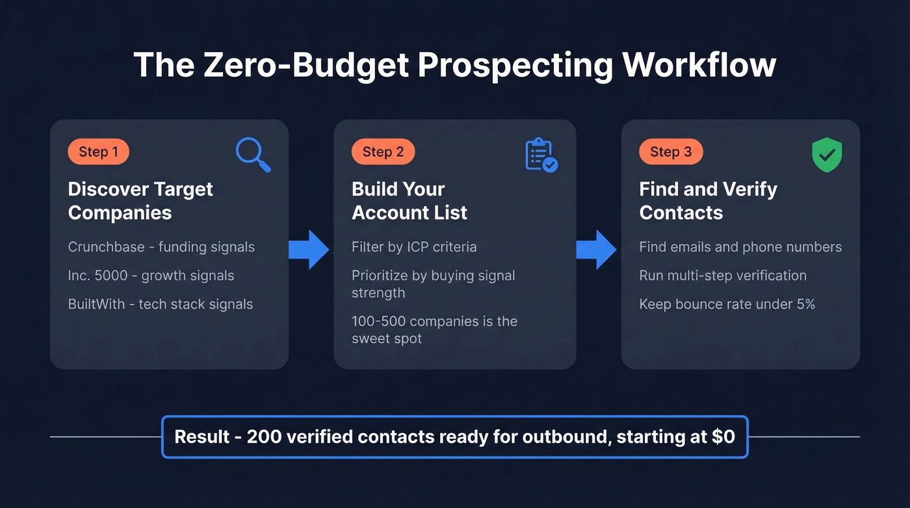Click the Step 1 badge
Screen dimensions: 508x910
pyautogui.click(x=98, y=152)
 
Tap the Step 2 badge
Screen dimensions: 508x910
pyautogui.click(x=383, y=152)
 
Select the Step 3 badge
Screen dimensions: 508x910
pyautogui.click(x=671, y=152)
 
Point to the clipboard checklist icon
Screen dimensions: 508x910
pyautogui.click(x=540, y=155)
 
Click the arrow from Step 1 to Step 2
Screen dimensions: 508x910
pyautogui.click(x=310, y=249)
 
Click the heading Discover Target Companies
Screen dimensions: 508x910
pyautogui.click(x=140, y=201)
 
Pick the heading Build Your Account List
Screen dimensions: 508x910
pyautogui.click(x=409, y=201)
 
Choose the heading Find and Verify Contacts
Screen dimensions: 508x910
pyautogui.click(x=708, y=201)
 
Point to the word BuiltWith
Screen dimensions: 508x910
pyautogui.click(x=96, y=304)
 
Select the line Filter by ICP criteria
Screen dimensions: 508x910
pyautogui.click(x=414, y=247)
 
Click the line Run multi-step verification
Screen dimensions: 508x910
pyautogui.click(x=723, y=276)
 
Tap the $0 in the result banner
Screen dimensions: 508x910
pyautogui.click(x=723, y=436)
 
